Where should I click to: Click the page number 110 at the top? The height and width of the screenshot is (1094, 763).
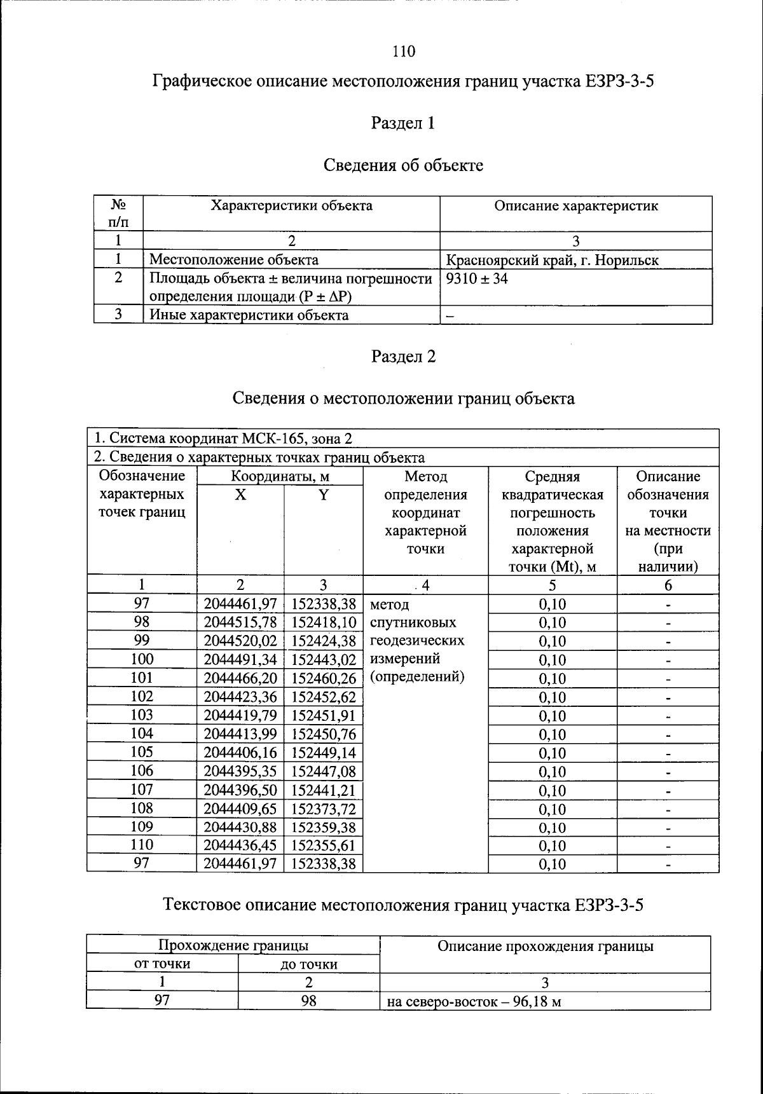coord(404,51)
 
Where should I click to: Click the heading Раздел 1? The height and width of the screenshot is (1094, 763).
coord(403,123)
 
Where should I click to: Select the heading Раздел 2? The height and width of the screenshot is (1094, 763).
coord(403,357)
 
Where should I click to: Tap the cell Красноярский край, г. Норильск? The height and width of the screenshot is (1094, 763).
coord(552,260)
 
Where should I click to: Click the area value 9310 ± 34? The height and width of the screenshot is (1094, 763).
coord(477,279)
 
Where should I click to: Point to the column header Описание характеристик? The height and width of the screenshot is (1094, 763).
coord(575,206)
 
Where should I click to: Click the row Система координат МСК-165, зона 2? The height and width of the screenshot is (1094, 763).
coord(223,439)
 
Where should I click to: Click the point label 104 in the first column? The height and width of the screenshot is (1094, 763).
coord(142,734)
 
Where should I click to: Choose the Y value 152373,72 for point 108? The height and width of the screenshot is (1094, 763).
coord(324,809)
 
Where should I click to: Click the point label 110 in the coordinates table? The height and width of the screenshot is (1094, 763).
coord(142,845)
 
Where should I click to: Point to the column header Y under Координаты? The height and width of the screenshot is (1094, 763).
coord(324,495)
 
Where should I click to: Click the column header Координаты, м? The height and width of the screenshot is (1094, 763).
coord(280,477)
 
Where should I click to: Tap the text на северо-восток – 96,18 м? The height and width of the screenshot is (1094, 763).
coord(474,1002)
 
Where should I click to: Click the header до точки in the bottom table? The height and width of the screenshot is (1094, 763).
coord(309,964)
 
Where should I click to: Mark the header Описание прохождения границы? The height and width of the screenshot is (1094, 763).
coord(545,947)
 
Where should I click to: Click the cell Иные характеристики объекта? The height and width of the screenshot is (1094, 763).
coord(249,315)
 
